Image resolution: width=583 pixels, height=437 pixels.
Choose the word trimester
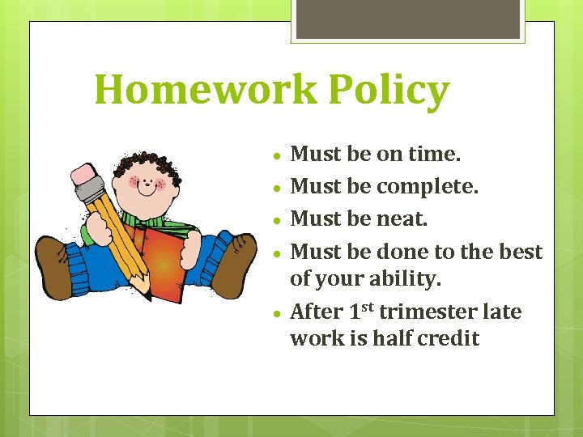click(428, 312)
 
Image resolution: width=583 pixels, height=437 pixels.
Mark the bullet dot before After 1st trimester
click(277, 313)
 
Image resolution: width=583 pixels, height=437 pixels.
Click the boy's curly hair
click(146, 161)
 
